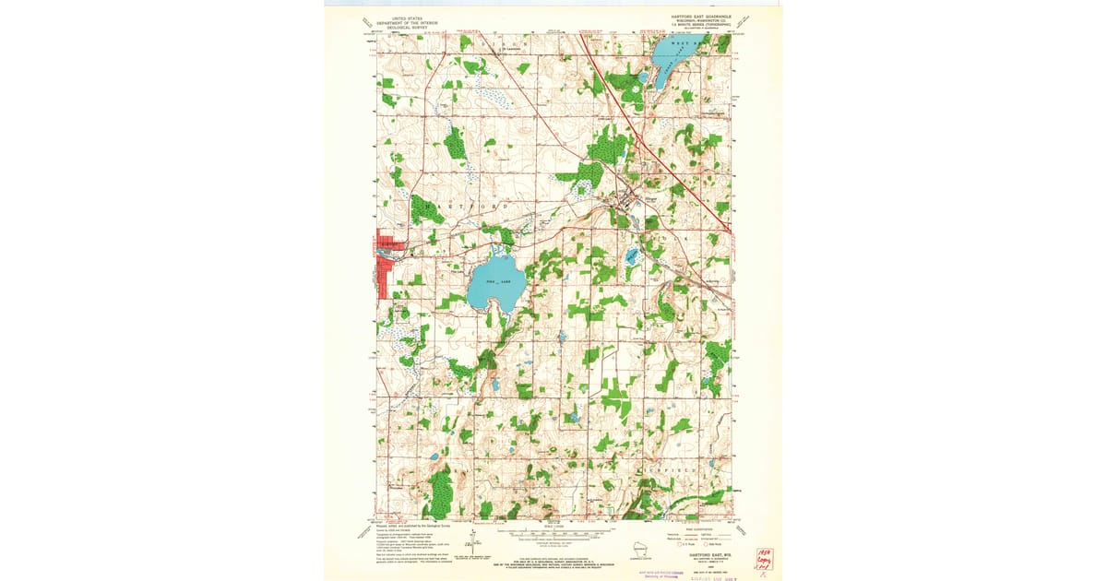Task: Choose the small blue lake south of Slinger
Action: (632, 255)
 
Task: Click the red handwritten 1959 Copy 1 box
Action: (764, 558)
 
